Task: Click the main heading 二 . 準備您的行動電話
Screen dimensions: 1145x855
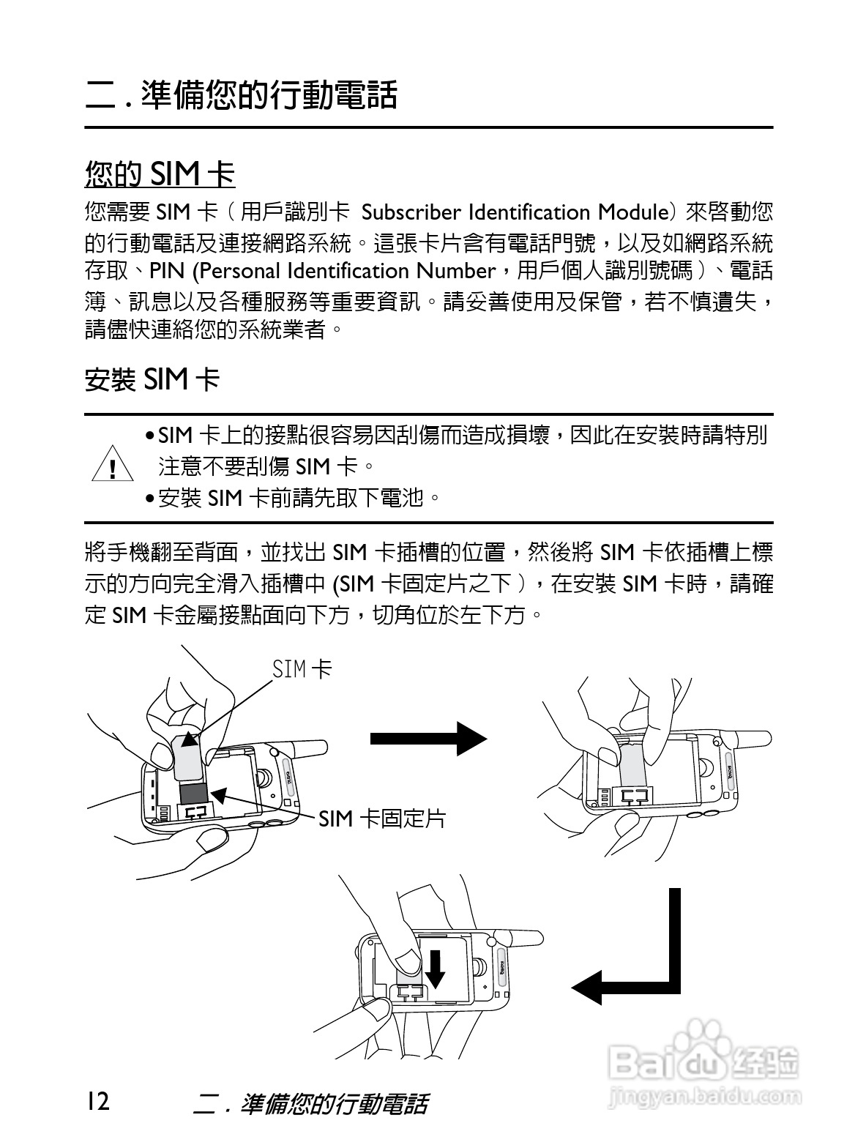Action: (241, 95)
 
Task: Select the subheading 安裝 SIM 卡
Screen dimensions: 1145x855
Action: (152, 379)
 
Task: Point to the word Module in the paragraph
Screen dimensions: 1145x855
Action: (632, 212)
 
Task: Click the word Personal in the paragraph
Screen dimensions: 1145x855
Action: (241, 271)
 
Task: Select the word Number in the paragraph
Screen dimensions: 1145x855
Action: (455, 271)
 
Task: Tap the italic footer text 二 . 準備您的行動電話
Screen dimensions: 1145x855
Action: (310, 1103)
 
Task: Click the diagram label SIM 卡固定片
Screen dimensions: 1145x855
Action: (381, 818)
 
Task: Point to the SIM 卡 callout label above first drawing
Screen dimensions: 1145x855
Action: (302, 668)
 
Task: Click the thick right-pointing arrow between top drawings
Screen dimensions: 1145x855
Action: (427, 738)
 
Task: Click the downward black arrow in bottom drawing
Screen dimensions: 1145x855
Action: (436, 969)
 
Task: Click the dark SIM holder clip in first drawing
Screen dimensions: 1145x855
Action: (195, 793)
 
